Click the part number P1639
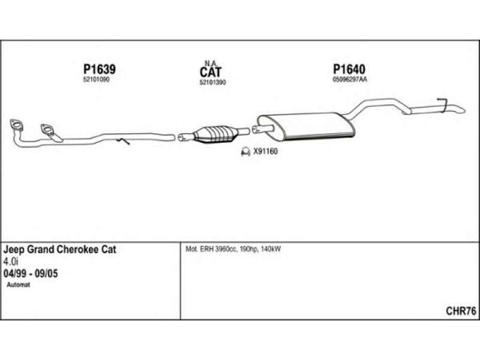click(x=100, y=69)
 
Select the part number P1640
click(x=349, y=69)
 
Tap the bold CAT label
click(x=211, y=72)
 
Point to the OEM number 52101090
click(x=96, y=80)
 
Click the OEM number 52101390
click(x=212, y=82)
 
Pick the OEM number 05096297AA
click(x=350, y=80)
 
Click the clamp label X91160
click(x=265, y=151)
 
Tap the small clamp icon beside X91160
click(x=245, y=152)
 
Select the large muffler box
click(x=305, y=127)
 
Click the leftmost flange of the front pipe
click(x=16, y=124)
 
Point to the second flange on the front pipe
click(x=47, y=129)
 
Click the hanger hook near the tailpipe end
click(x=442, y=103)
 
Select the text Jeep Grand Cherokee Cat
click(x=59, y=250)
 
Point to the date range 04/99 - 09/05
click(x=31, y=274)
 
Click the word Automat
click(x=19, y=284)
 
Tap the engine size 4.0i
click(x=11, y=262)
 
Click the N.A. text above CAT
click(x=211, y=63)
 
